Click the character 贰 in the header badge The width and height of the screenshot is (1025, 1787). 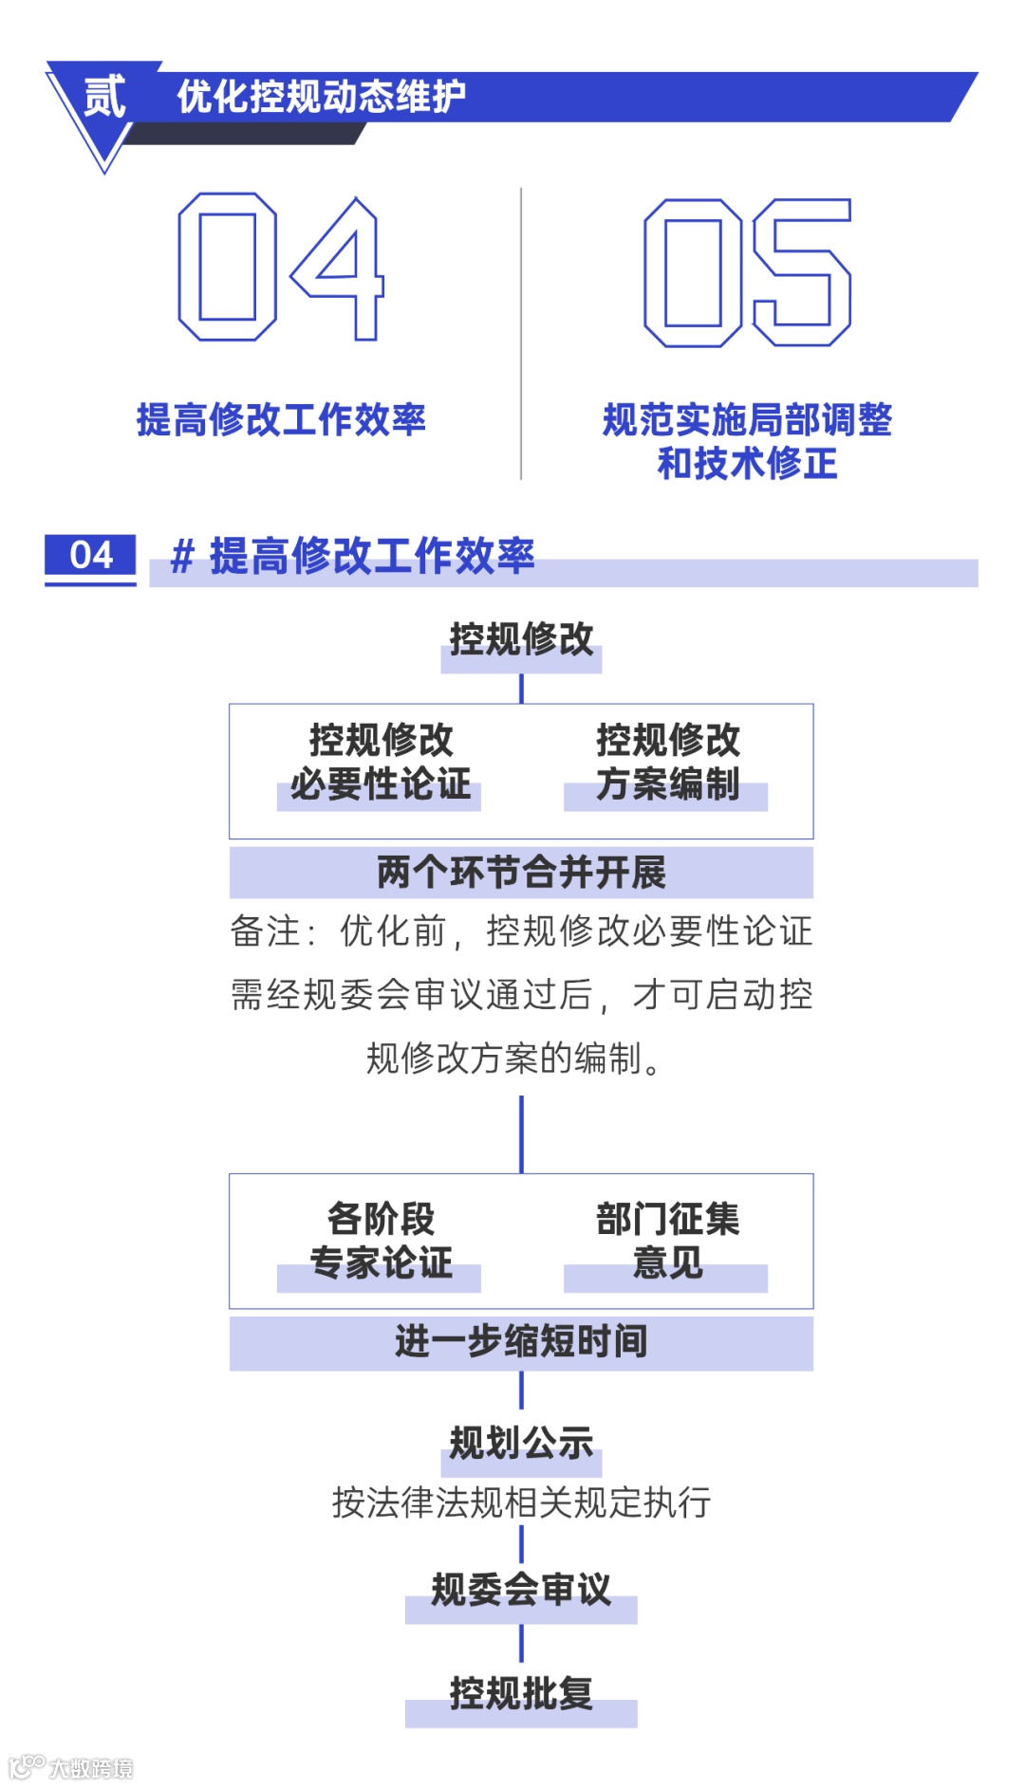point(104,97)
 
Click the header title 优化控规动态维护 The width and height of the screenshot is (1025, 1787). point(321,97)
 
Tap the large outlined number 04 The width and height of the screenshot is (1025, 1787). point(281,267)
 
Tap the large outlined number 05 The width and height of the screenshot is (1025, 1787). point(747,272)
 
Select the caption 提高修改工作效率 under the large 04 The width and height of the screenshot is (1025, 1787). point(281,419)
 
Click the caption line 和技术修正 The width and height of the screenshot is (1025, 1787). point(747,464)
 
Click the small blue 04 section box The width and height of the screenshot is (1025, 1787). point(90,556)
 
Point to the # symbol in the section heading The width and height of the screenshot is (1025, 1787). point(181,557)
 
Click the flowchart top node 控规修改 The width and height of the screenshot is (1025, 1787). point(521,639)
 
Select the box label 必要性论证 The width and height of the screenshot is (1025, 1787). point(380,784)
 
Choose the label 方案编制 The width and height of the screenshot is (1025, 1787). point(667,784)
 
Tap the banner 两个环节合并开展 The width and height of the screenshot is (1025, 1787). point(521,872)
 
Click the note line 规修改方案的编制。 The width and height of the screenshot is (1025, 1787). point(513,1058)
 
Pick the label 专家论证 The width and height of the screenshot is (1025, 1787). point(380,1263)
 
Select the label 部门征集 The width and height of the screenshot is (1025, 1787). point(667,1219)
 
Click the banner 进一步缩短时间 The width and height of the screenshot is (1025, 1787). point(521,1341)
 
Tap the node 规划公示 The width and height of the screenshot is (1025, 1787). point(521,1444)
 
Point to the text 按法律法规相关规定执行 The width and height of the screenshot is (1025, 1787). point(521,1502)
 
